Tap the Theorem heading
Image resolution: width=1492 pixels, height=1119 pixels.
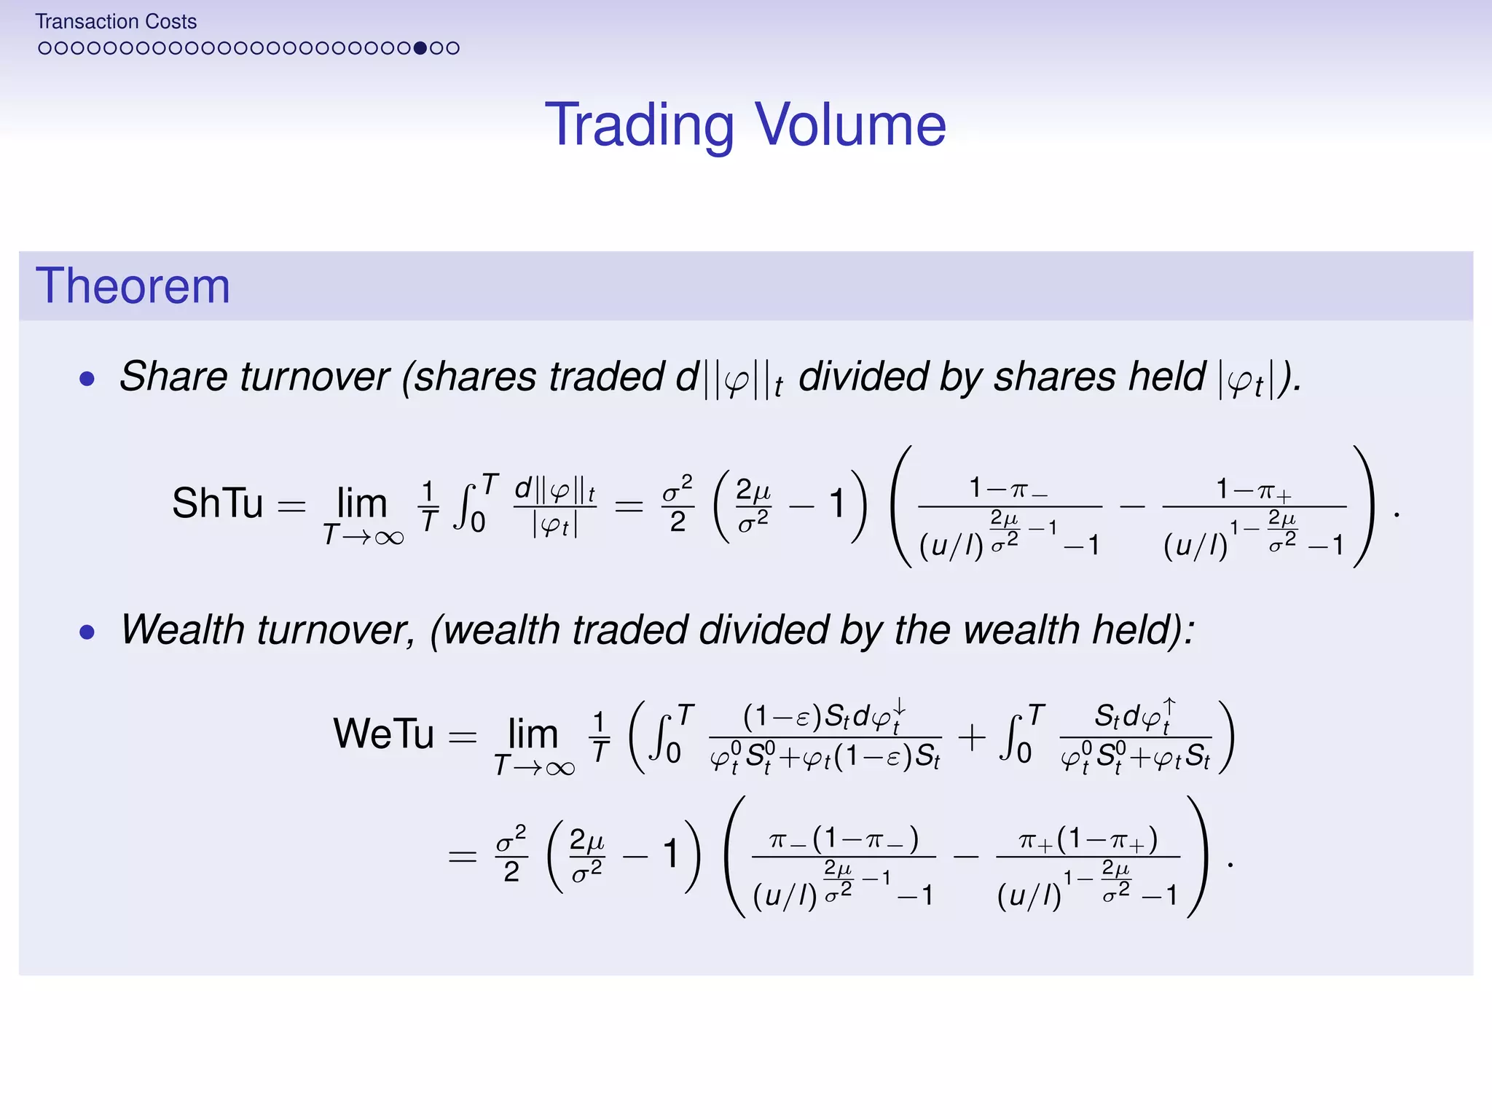(133, 286)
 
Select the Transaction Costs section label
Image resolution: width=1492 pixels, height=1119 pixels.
(116, 22)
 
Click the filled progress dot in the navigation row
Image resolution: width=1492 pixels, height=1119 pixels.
(420, 48)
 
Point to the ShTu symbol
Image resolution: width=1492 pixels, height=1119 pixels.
(217, 503)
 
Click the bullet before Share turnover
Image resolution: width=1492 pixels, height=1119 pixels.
(87, 379)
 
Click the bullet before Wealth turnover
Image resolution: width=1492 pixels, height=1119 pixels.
(87, 632)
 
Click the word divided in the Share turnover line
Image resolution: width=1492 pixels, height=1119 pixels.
(863, 377)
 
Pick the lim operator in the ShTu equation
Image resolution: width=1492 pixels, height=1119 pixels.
(362, 503)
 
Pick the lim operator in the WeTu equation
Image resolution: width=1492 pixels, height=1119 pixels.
(533, 733)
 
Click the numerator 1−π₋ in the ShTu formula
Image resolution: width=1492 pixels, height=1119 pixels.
(1009, 488)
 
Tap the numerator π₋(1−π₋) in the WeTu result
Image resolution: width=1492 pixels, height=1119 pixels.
(844, 840)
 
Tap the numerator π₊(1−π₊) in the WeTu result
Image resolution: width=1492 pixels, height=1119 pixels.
(1088, 840)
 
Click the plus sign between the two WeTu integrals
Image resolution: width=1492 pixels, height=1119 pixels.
(972, 737)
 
